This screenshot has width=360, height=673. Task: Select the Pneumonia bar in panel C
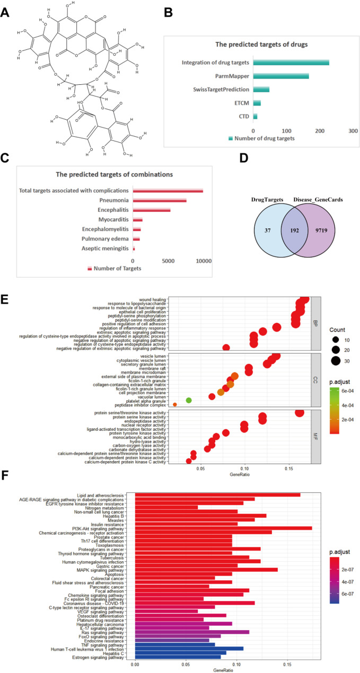tap(159, 200)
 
